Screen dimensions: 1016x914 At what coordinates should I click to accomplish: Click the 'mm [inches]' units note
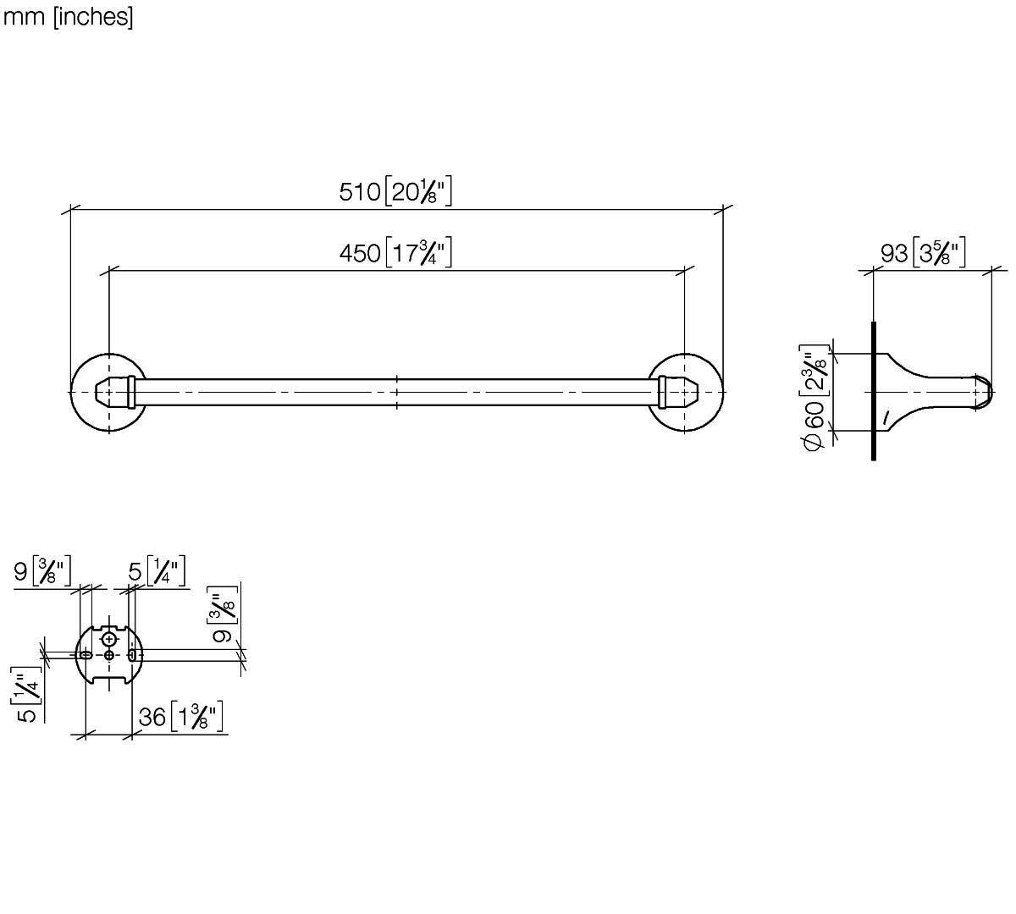coord(68,17)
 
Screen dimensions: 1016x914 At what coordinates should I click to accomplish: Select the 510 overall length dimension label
coord(395,191)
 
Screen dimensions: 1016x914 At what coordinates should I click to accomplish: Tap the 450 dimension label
coord(395,252)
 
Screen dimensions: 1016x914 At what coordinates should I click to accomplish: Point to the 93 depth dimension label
coord(923,252)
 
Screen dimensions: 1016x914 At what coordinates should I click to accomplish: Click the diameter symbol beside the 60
coord(813,442)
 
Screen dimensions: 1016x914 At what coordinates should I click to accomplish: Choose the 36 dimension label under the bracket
coord(180,717)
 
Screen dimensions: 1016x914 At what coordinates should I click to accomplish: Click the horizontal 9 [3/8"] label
coord(42,571)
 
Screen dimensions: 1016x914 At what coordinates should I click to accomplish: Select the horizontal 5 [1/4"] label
coord(157,571)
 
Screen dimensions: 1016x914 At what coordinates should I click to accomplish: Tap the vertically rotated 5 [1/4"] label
coord(26,695)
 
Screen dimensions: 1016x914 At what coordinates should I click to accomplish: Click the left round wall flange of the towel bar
coord(109,393)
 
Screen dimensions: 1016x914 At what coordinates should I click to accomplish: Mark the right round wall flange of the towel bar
coord(685,393)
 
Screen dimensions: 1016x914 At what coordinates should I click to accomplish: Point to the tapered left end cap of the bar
coord(115,393)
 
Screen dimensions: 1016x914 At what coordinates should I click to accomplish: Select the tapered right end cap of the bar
coord(679,393)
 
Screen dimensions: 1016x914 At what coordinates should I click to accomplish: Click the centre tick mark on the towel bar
coord(396,393)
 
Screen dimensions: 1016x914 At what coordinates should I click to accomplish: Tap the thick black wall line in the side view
coord(874,391)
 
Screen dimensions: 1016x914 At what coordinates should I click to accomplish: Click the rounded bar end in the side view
coord(984,392)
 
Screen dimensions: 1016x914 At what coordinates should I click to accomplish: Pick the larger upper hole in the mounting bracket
coord(109,639)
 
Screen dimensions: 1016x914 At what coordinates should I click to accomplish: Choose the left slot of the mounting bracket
coord(85,655)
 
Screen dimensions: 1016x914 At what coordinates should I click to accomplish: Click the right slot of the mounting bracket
coord(132,655)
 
